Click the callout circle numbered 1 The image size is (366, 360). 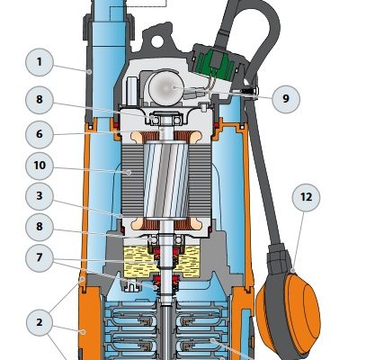click(40, 62)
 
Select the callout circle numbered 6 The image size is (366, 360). click(40, 134)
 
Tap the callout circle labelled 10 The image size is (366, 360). click(40, 166)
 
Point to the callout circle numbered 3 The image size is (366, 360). click(40, 196)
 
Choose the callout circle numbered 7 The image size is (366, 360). click(40, 258)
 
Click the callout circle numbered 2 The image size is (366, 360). click(40, 323)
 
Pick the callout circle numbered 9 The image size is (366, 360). click(286, 99)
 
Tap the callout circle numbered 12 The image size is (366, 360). click(306, 197)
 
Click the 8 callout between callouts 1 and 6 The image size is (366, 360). click(40, 100)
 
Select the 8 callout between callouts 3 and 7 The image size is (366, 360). click(40, 227)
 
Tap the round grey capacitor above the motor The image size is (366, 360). click(164, 87)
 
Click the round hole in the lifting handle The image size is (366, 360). click(157, 41)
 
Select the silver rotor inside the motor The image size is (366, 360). click(166, 179)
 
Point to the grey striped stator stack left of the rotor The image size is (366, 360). click(133, 177)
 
